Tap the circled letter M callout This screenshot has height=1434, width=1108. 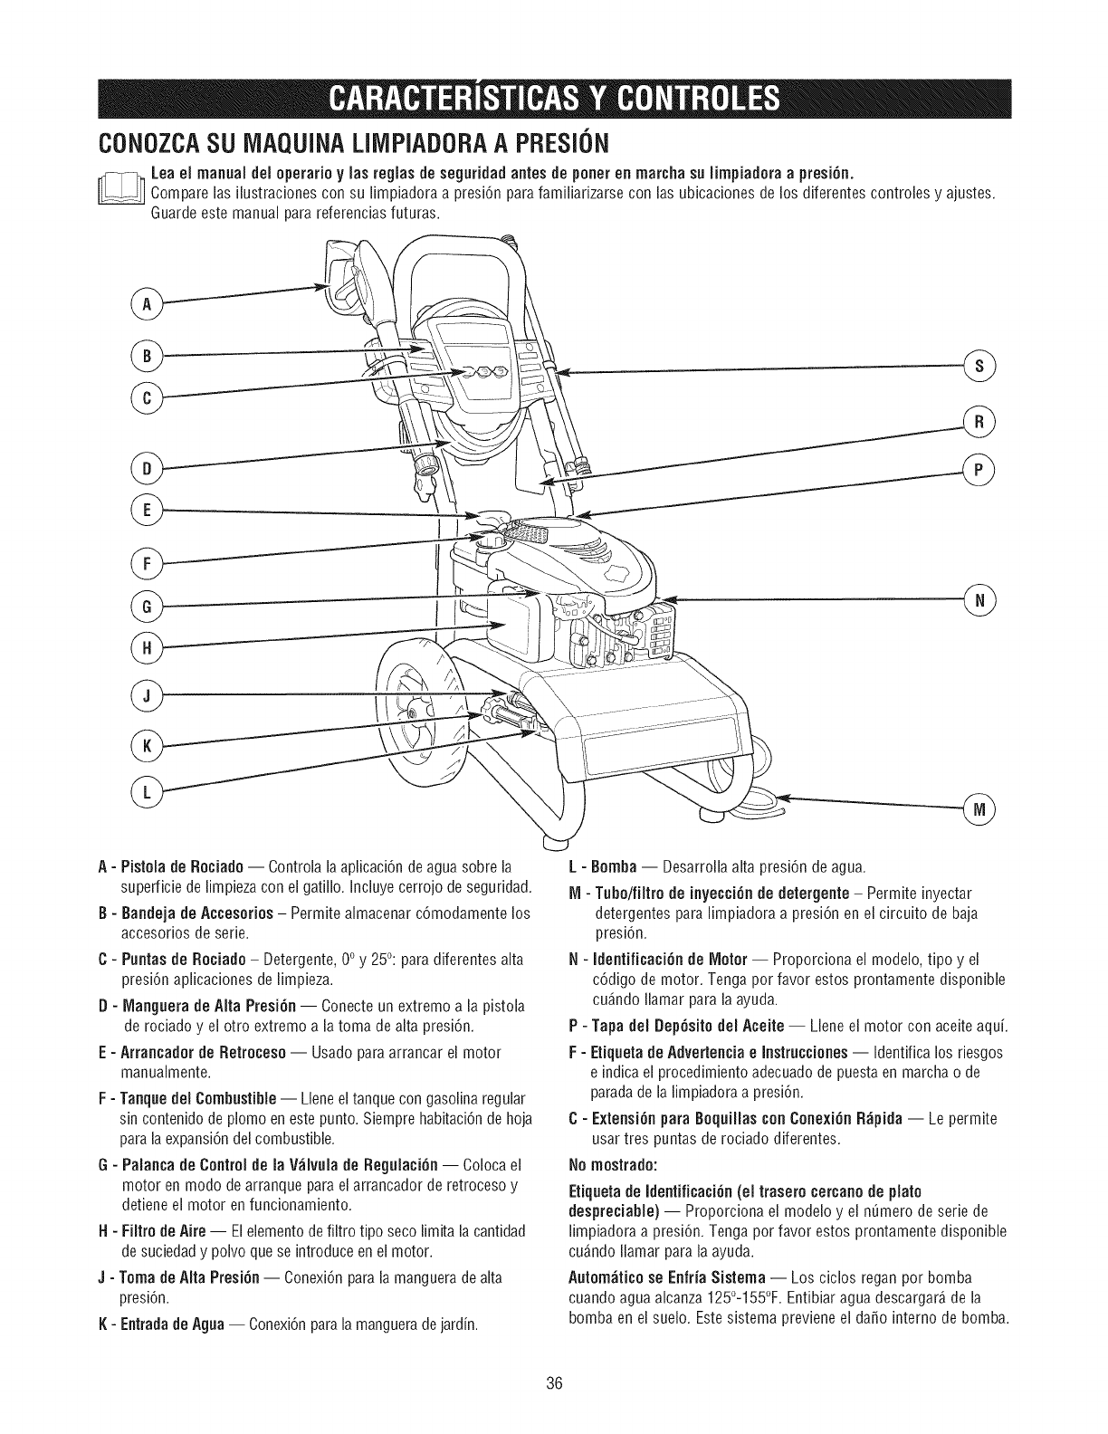(980, 808)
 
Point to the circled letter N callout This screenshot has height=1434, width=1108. (980, 599)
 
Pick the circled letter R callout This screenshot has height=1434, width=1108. (980, 422)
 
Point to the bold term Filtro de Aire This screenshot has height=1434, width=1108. (170, 1233)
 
